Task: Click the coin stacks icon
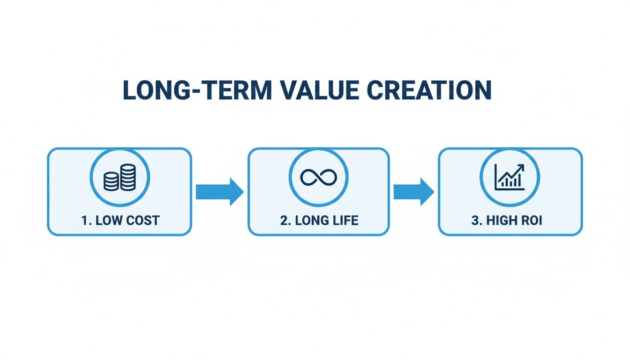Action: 120,178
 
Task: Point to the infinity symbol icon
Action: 319,178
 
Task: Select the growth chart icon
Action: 510,178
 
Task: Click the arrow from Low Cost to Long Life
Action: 219,192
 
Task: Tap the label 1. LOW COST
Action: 120,221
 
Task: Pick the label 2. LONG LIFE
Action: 319,221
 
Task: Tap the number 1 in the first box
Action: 84,221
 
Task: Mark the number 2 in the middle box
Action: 283,221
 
